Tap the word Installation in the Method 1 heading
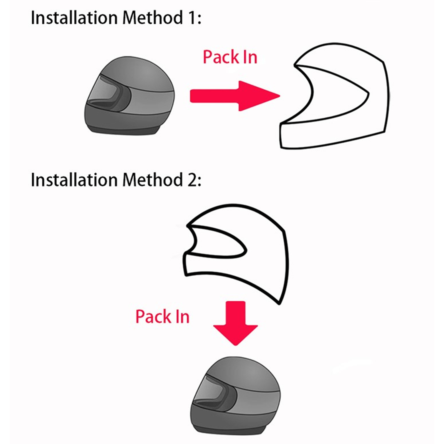[x=74, y=18]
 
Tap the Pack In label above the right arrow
[x=230, y=57]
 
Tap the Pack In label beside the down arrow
[x=162, y=317]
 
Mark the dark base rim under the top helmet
[x=125, y=130]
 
